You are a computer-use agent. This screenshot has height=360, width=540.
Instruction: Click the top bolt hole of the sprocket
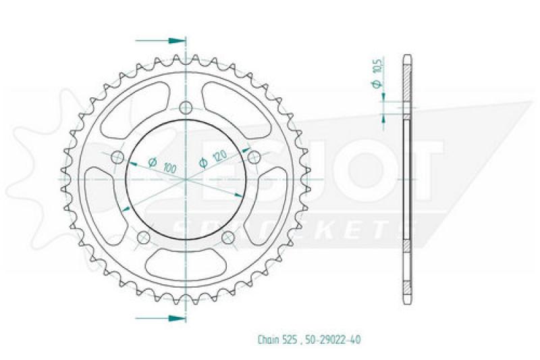(x=186, y=106)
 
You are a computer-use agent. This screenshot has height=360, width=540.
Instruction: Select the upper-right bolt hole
(x=254, y=157)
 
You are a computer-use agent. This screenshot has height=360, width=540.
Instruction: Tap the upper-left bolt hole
(x=117, y=157)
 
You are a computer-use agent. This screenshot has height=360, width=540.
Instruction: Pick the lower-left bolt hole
(x=143, y=237)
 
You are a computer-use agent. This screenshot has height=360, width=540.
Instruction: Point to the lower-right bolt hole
(x=228, y=237)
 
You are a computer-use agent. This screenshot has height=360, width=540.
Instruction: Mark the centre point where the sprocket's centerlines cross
(x=186, y=179)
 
